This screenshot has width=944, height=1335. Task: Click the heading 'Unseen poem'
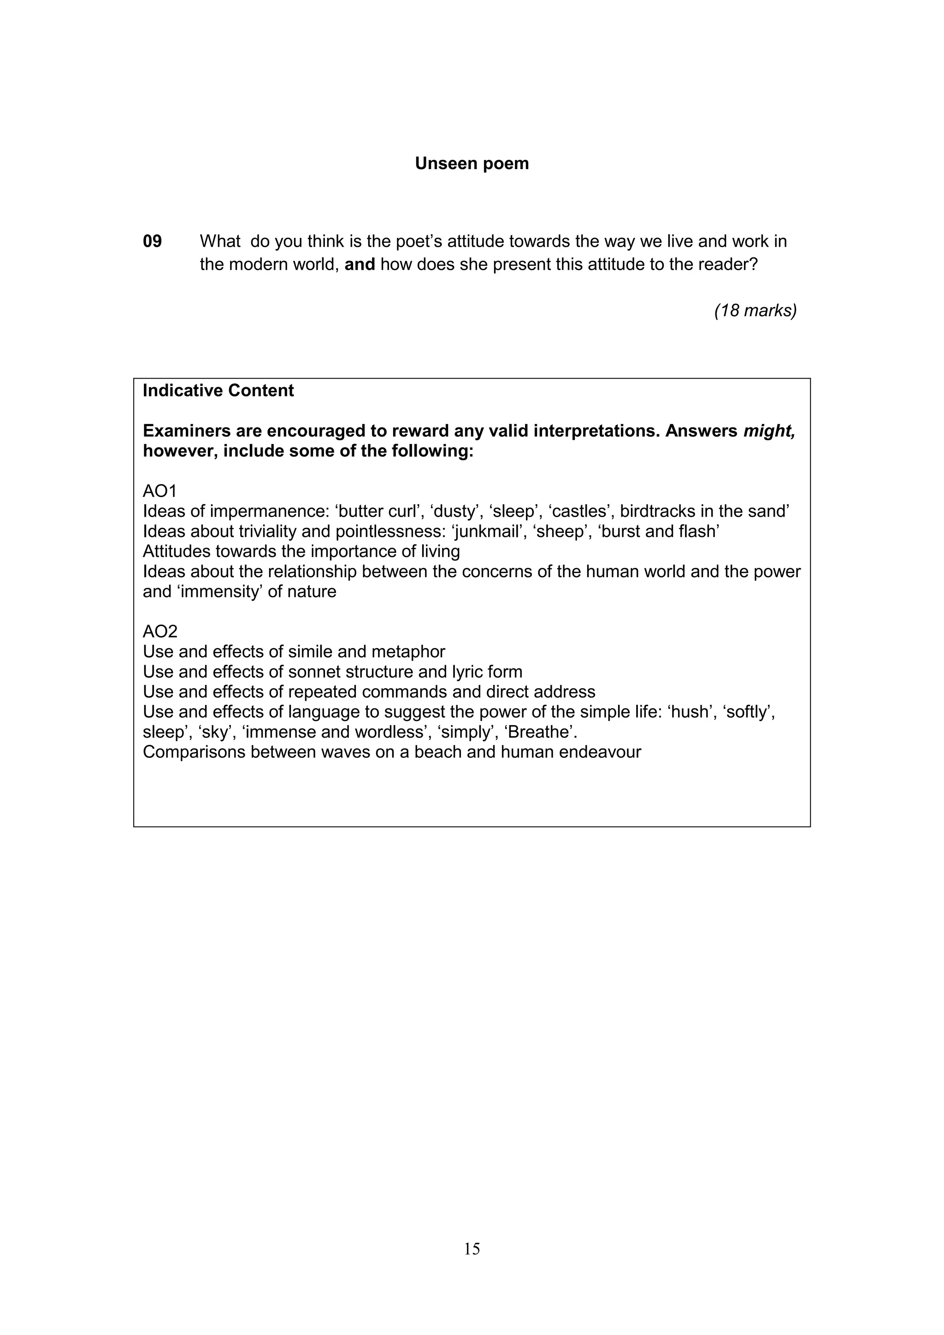pos(472,163)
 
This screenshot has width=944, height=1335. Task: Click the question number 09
pos(152,241)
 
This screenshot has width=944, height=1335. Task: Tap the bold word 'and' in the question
pos(360,265)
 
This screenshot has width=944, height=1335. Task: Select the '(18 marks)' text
pos(755,311)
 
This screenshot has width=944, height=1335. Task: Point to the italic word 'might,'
pos(769,431)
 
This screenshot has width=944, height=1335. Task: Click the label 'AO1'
pos(159,491)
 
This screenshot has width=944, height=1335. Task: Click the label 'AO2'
pos(160,632)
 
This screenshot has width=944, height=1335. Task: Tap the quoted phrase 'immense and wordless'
pos(334,732)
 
